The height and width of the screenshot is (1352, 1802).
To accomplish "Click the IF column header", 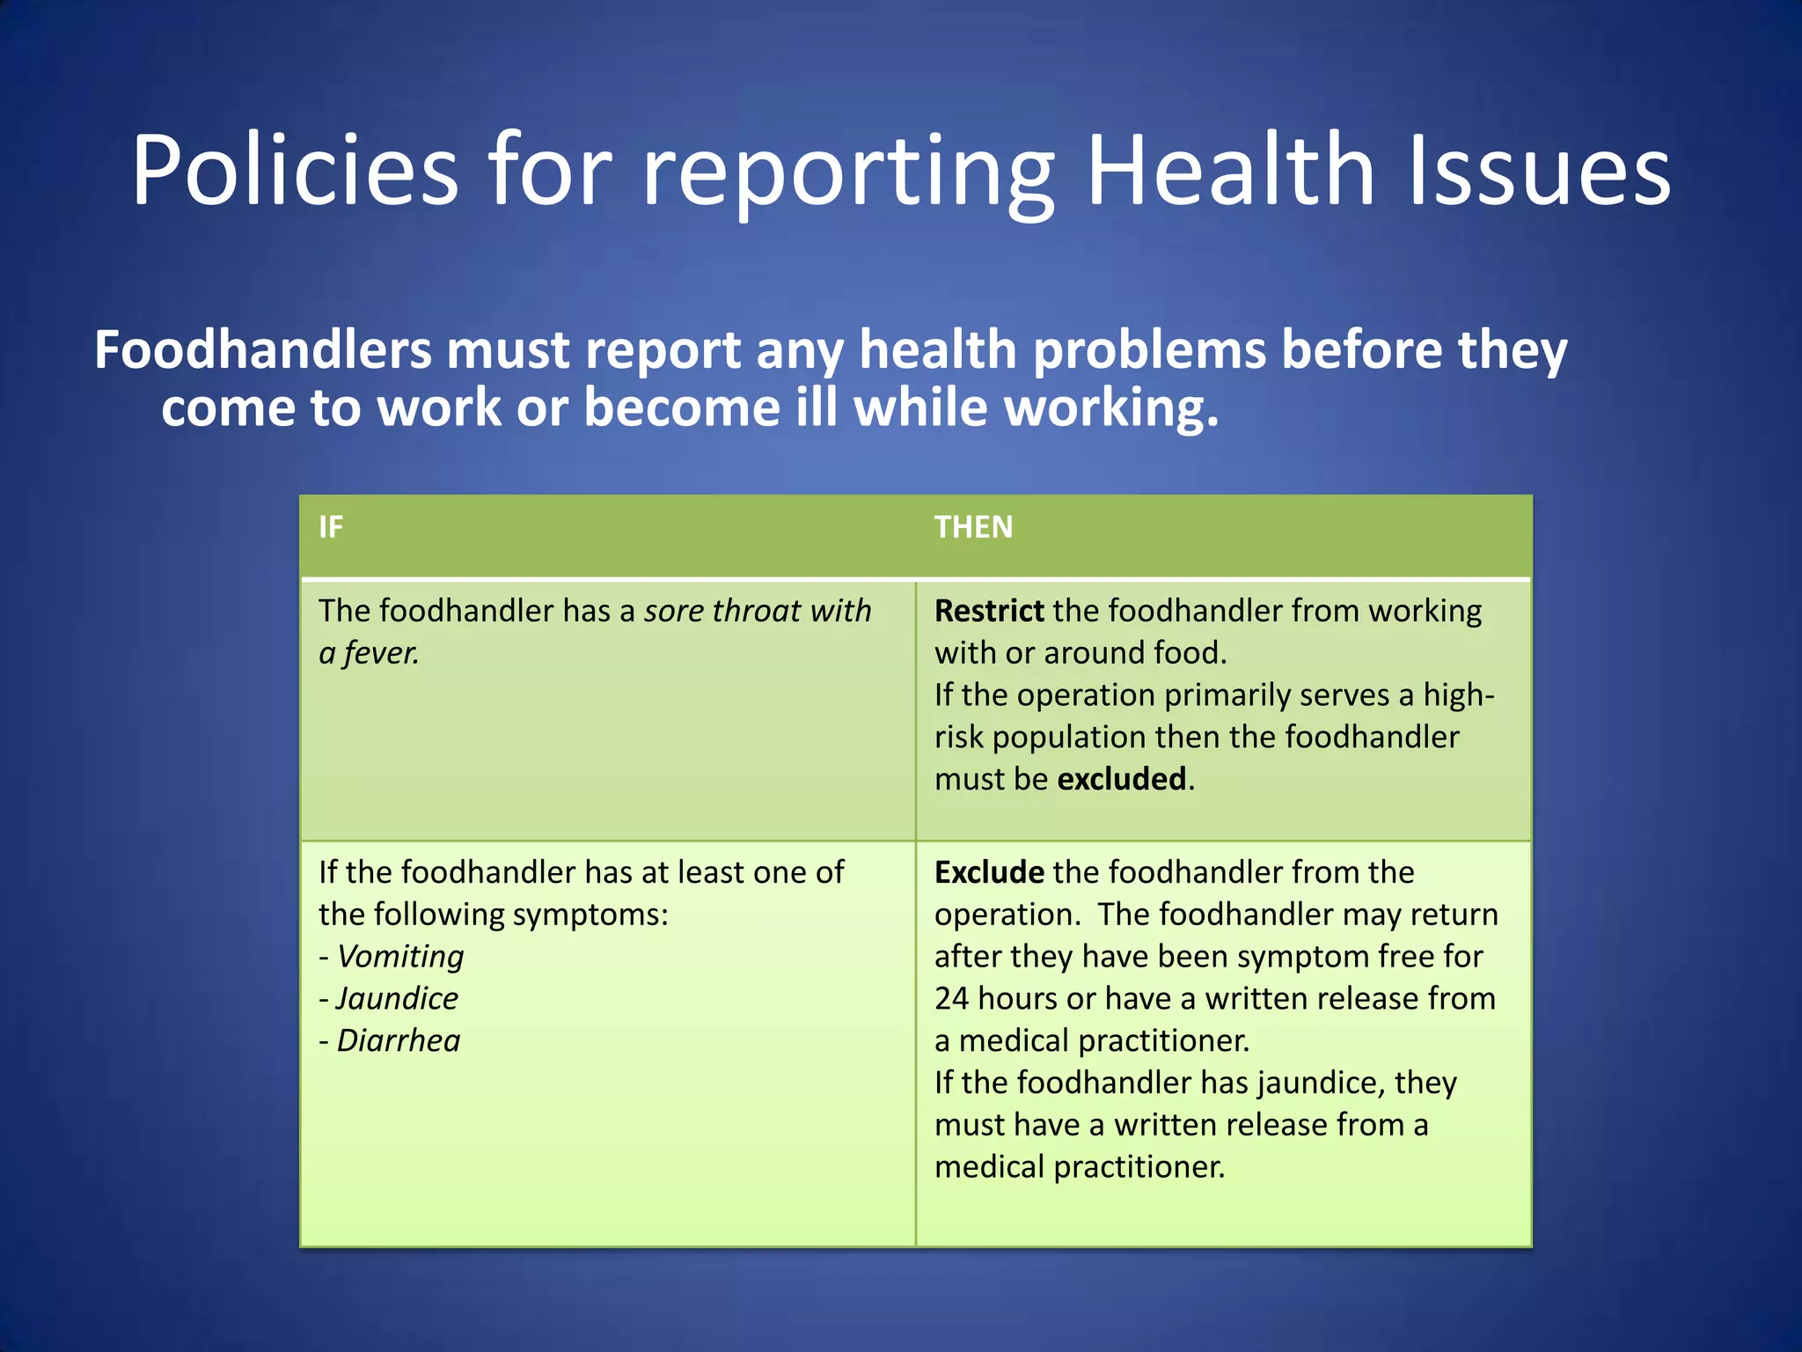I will point(331,527).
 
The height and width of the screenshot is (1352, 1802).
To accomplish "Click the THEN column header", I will point(973,527).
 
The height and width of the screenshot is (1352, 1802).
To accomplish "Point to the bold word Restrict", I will point(988,611).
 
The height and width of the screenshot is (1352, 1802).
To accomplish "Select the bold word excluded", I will point(1121,780).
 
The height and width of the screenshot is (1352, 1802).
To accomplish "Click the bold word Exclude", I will point(989,872).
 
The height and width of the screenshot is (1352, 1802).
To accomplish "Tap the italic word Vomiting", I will point(400,957).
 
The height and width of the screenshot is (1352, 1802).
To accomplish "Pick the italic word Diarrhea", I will point(399,1041).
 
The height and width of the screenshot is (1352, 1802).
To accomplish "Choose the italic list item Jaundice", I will point(397,999).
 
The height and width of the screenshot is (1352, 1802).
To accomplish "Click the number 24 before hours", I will point(951,999).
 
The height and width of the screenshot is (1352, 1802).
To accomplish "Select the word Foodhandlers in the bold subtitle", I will point(262,350).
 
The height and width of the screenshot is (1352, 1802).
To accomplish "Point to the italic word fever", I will point(381,653).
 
